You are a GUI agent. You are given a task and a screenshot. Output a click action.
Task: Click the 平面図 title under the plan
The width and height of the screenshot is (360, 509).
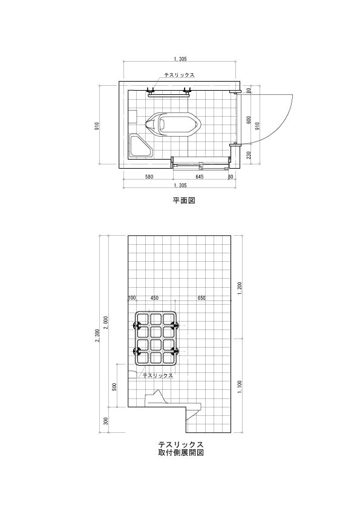coord(184,200)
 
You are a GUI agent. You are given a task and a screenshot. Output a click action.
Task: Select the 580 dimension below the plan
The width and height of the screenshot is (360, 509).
coord(149,177)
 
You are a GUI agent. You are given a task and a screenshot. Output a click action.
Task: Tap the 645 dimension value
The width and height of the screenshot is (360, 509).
coord(200,177)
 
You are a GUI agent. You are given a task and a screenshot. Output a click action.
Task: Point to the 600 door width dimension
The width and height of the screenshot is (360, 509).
coord(249,120)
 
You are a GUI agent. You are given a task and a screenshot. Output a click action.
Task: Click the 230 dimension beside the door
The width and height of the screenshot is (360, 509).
coord(249,155)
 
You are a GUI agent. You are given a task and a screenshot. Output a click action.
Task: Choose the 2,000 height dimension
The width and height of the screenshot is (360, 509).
coord(105,322)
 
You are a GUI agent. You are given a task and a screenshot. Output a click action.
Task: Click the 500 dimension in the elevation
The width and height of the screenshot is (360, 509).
coord(114,387)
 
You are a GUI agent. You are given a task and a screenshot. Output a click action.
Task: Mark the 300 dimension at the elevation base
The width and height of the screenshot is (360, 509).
coord(105,421)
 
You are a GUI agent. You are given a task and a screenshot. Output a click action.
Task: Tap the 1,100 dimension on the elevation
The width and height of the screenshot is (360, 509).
coord(240,387)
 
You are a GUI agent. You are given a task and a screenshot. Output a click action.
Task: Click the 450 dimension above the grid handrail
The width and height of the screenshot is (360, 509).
coord(155,298)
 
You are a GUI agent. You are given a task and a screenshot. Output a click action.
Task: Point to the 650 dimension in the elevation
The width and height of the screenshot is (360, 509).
coord(201,298)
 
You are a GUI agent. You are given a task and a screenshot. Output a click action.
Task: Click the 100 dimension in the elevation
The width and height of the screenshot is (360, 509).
coord(132,298)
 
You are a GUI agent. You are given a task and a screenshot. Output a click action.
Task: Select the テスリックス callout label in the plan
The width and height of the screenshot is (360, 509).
coord(179,75)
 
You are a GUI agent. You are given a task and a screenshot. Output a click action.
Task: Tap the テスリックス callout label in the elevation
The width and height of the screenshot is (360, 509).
coord(158,375)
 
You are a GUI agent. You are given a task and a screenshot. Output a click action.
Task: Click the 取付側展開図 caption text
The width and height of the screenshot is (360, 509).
coord(181,453)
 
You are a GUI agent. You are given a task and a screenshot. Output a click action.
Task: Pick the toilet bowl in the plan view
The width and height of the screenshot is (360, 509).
coord(172,125)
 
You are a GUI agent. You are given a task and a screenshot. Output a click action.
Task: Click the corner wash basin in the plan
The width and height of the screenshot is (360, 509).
coord(141,146)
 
